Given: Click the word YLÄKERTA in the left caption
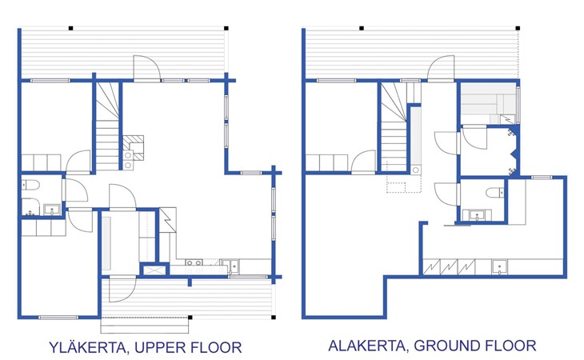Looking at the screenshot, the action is coord(88,347).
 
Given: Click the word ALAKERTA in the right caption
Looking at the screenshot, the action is coord(366,346).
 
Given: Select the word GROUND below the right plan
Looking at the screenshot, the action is coord(443,346).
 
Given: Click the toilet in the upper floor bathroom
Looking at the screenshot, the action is coord(30,185).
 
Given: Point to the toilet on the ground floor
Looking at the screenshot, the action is coord(495,193).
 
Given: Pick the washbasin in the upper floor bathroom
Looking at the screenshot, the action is coord(51,210).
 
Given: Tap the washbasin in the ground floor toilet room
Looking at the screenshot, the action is coord(476,215).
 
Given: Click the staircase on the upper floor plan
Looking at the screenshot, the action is coord(107,126).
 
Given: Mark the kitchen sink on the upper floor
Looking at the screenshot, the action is coord(234,266).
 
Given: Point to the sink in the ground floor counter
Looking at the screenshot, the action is coord(499,267).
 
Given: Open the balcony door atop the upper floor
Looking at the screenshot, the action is coord(146,68).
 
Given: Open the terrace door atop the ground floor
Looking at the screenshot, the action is coord(441,68).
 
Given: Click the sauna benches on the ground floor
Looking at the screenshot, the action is coord(488,102).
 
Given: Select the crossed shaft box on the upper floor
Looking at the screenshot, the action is coord(154,269).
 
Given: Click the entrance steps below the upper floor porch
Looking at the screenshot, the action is coord(145,326).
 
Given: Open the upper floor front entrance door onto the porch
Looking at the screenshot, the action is coord(122,290).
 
